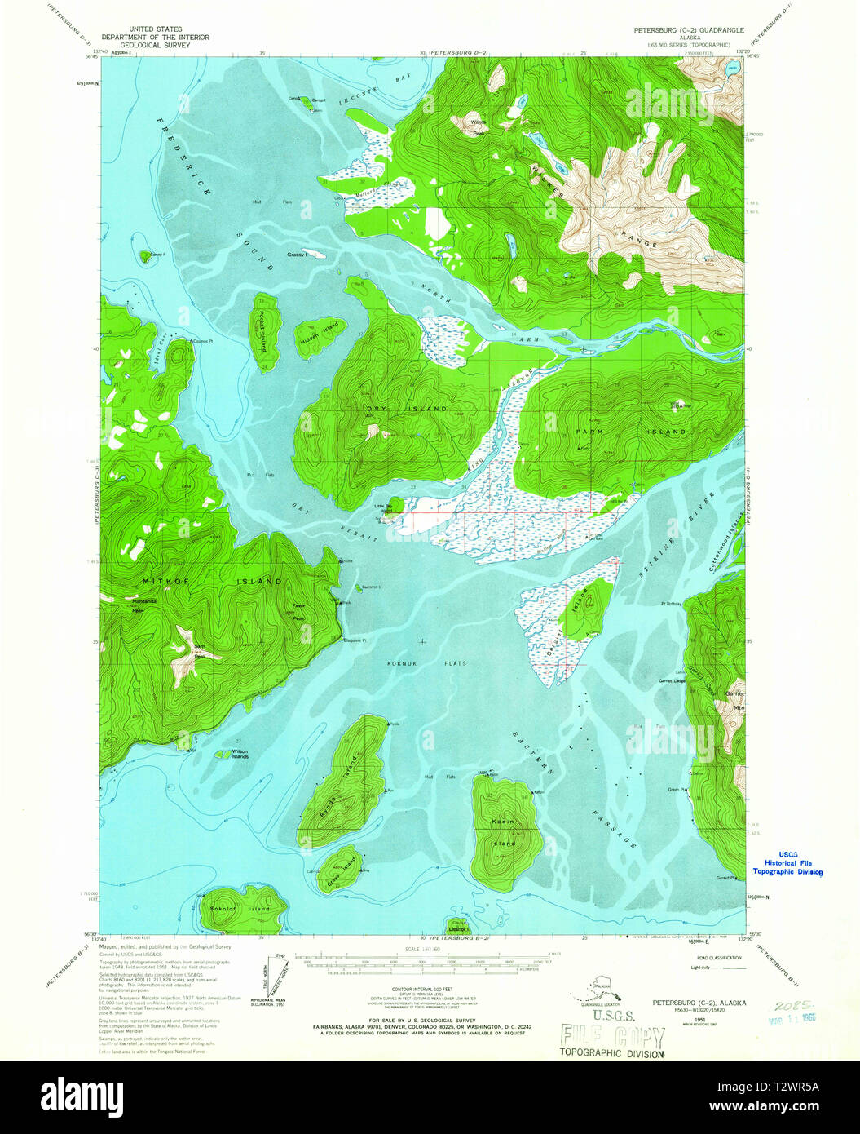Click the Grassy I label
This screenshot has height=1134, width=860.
[296, 255]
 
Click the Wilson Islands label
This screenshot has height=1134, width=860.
[240, 754]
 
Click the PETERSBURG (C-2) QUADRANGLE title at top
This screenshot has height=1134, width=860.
[689, 29]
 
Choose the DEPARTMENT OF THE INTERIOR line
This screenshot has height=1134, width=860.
[155, 37]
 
